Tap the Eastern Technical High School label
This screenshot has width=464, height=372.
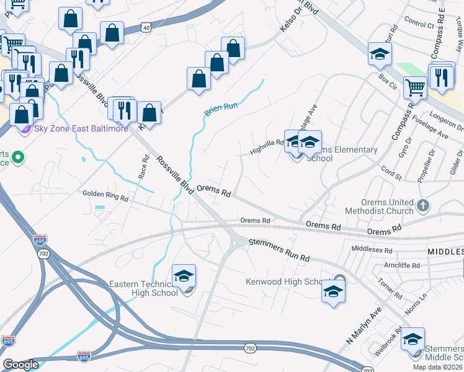[143, 289]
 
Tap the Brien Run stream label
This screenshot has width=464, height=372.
[221, 110]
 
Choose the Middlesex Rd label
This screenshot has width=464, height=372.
[372, 250]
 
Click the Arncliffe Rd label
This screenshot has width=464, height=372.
[401, 265]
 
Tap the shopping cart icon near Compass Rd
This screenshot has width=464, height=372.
[415, 87]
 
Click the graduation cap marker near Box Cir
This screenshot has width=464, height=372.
[380, 54]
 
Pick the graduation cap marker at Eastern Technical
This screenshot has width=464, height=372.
[184, 277]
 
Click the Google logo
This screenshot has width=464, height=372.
[20, 365]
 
